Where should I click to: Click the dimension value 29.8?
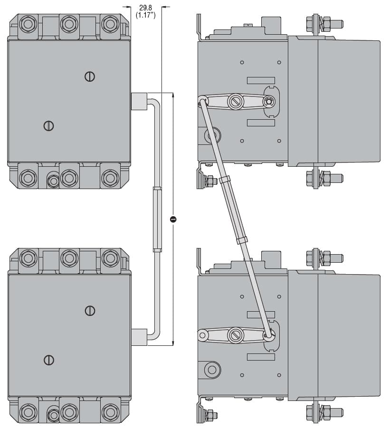point(145,7)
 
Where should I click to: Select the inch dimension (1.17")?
point(145,15)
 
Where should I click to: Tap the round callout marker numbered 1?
point(173,219)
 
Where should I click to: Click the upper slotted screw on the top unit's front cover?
point(90,76)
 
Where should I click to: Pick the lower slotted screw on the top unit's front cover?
point(48,126)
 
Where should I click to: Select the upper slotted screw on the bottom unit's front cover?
point(90,311)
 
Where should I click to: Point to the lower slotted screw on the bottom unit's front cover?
point(48,360)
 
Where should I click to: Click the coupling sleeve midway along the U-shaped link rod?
point(157,219)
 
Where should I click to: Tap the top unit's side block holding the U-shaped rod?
point(139,101)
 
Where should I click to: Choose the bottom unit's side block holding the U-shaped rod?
point(139,337)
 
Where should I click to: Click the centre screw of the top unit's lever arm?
point(235,101)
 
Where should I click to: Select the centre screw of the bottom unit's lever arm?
point(235,335)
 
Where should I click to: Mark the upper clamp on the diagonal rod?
point(224,180)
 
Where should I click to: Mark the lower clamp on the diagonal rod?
point(242,240)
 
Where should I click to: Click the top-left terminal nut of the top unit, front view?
point(28,24)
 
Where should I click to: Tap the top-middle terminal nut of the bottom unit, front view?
point(69,258)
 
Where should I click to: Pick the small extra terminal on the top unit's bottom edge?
point(53,181)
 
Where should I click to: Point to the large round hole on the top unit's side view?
point(212,135)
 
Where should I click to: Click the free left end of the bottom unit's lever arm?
point(203,335)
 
